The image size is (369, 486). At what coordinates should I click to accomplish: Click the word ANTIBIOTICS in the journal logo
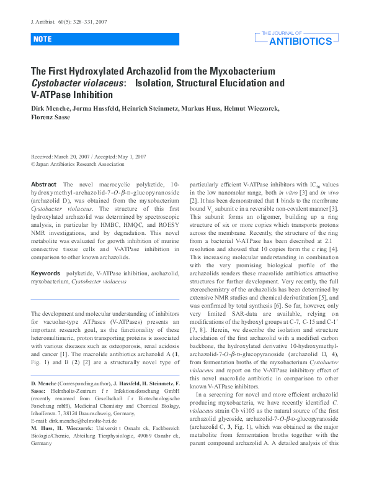[301, 42]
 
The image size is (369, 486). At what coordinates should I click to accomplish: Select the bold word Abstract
[43, 185]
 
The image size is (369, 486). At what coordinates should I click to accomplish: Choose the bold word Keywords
[46, 273]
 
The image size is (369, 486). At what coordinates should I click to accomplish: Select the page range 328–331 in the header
[82, 22]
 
